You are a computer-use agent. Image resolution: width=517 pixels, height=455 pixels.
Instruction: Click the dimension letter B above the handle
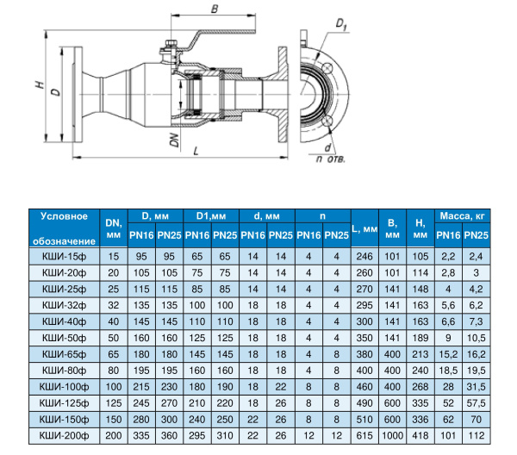pos(215,9)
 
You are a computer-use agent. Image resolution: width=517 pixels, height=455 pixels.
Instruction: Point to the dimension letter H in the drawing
pos(39,84)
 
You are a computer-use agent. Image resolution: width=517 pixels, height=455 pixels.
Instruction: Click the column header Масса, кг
pos(463,215)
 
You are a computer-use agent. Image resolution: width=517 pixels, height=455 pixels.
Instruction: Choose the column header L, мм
pos(364,228)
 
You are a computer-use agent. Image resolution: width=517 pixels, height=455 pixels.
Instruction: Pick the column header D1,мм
pos(210,215)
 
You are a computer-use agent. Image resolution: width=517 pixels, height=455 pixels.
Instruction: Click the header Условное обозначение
pos(65,228)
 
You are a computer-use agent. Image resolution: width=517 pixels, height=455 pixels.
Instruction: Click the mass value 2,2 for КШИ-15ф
pos(448,256)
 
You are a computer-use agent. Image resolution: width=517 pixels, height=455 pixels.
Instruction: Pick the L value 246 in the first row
pos(364,256)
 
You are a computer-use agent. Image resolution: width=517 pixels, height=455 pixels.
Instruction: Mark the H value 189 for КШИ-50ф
pos(420,336)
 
